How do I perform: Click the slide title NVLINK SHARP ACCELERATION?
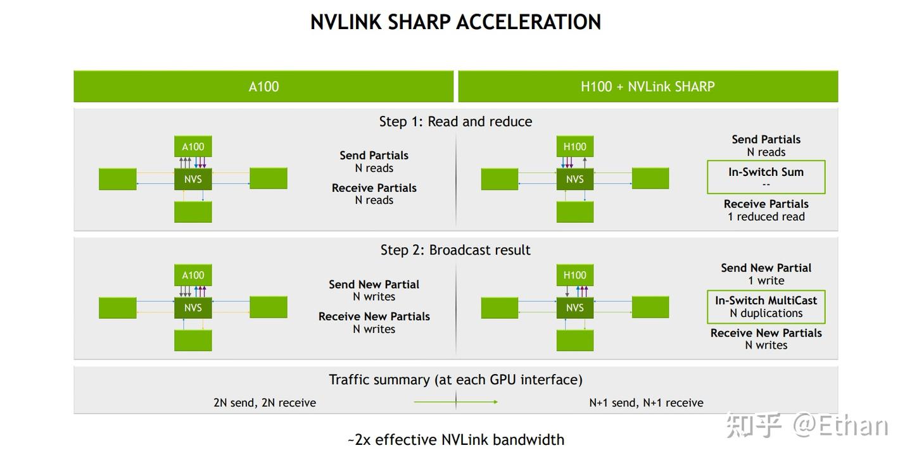point(455,22)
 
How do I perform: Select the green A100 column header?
point(263,87)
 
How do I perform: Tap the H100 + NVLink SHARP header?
point(647,87)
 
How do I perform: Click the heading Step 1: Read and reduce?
point(455,122)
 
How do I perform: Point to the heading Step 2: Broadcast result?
point(455,250)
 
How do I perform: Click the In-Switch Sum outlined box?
point(766,177)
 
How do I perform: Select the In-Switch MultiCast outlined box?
point(766,306)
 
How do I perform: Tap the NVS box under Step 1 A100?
point(193,179)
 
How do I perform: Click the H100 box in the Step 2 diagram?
point(574,275)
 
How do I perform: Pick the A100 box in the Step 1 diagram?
point(193,147)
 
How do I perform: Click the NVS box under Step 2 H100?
point(574,308)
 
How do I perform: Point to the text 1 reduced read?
point(766,217)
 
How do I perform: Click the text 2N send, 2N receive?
point(265,403)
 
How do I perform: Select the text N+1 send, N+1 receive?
point(646,403)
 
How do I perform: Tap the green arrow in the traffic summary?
point(455,402)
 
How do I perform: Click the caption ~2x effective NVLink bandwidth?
point(455,440)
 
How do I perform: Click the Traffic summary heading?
point(455,380)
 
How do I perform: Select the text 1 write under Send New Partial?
point(766,281)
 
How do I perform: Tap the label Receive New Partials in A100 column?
point(374,316)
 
